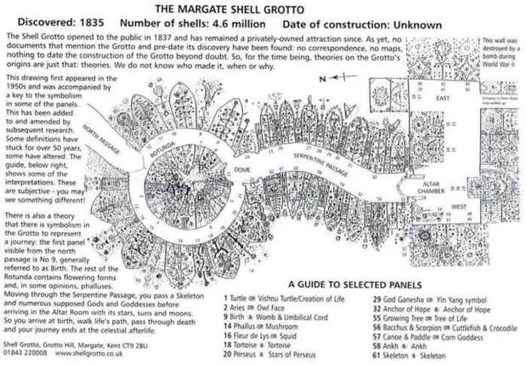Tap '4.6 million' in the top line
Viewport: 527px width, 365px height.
pyautogui.click(x=241, y=25)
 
